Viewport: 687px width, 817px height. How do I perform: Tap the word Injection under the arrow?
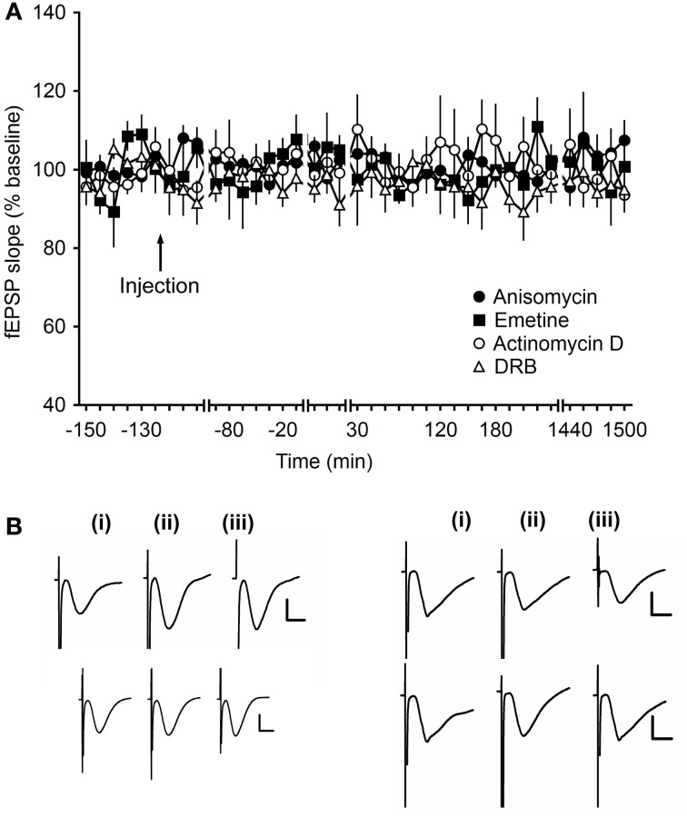pyautogui.click(x=159, y=286)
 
